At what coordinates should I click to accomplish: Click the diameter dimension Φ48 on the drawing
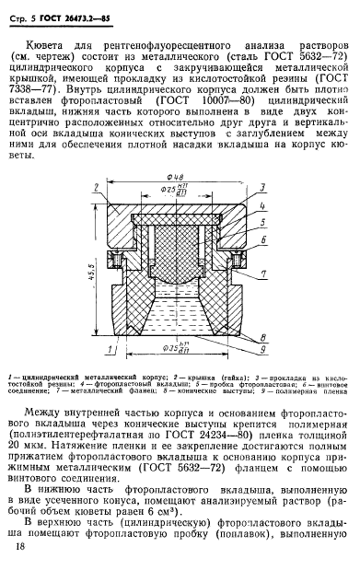click(x=178, y=176)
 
